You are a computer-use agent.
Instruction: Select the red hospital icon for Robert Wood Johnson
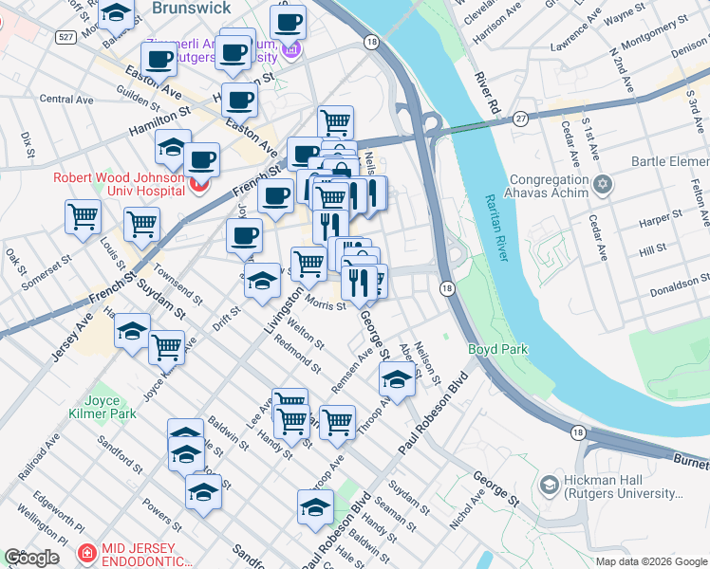click(198, 185)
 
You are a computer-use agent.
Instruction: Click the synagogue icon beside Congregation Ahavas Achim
click(601, 182)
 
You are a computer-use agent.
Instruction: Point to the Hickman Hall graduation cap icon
click(549, 486)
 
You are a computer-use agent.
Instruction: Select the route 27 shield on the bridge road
click(521, 119)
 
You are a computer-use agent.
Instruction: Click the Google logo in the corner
click(31, 558)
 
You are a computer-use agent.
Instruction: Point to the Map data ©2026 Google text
click(650, 561)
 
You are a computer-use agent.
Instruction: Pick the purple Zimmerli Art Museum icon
click(294, 50)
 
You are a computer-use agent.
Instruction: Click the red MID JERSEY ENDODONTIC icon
click(86, 552)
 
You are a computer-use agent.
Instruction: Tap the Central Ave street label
click(66, 99)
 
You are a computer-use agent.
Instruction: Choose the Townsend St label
click(176, 284)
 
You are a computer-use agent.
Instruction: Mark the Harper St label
click(654, 220)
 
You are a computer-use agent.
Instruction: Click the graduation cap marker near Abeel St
click(397, 380)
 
